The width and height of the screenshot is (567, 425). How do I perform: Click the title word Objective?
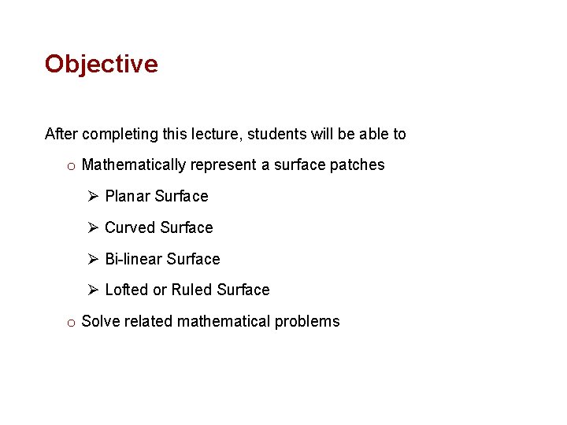[101, 64]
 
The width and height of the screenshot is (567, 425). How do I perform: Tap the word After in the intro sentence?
[61, 134]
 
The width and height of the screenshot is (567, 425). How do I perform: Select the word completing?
[120, 134]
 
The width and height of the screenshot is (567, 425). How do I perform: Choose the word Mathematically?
[134, 165]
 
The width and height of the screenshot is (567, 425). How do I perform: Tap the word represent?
[224, 165]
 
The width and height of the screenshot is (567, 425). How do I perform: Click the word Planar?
[128, 196]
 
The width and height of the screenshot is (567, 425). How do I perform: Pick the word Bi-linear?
[133, 259]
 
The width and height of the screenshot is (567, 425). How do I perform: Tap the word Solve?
[100, 321]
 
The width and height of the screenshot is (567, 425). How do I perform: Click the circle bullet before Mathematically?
[71, 166]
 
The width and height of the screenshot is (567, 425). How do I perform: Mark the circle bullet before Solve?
[71, 322]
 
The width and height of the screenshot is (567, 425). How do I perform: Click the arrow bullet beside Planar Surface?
[92, 196]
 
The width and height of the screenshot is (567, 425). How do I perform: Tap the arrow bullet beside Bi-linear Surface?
[92, 259]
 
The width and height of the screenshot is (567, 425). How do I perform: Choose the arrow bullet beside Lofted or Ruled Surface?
[92, 290]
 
